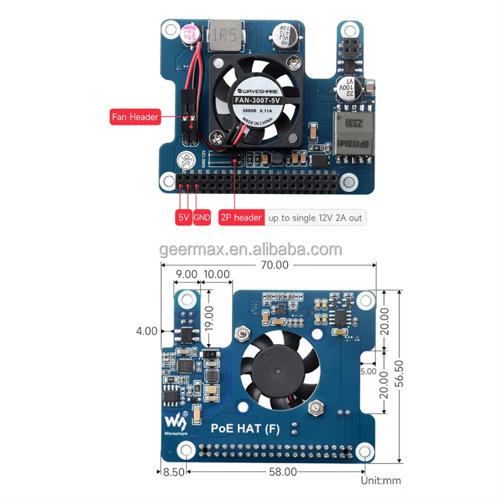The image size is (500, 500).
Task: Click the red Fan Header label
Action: pos(135,117)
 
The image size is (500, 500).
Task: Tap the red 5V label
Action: pos(183,217)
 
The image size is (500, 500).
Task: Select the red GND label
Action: pos(202,217)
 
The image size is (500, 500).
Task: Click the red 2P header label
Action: pos(241,217)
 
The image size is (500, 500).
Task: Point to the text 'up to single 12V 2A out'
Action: pos(315,217)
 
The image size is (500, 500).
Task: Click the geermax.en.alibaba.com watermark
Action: pos(250,250)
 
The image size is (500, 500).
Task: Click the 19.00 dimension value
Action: pos(209,318)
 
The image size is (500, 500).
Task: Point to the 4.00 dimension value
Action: pos(146,331)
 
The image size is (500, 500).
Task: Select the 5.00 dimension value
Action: pos(368,371)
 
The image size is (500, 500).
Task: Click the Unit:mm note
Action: pos(381,480)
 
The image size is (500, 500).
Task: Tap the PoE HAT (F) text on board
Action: pos(245,429)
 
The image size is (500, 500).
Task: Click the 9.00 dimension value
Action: pos(186,274)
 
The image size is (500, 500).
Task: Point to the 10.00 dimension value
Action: pos(216,274)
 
